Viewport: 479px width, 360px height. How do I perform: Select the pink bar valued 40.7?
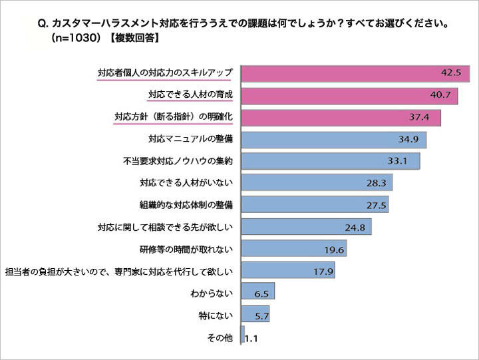coord(350,95)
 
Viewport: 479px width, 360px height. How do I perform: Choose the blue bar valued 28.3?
coord(317,182)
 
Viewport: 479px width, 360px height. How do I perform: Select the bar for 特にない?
coord(255,313)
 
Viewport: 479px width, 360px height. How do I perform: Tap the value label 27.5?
coord(377,205)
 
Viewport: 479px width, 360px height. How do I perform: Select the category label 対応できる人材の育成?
coord(190,95)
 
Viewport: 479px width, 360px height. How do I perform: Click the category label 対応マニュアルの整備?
coord(190,139)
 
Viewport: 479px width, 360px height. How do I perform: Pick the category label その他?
coord(220,337)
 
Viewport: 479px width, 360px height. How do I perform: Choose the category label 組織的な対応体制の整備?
coord(186,205)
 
